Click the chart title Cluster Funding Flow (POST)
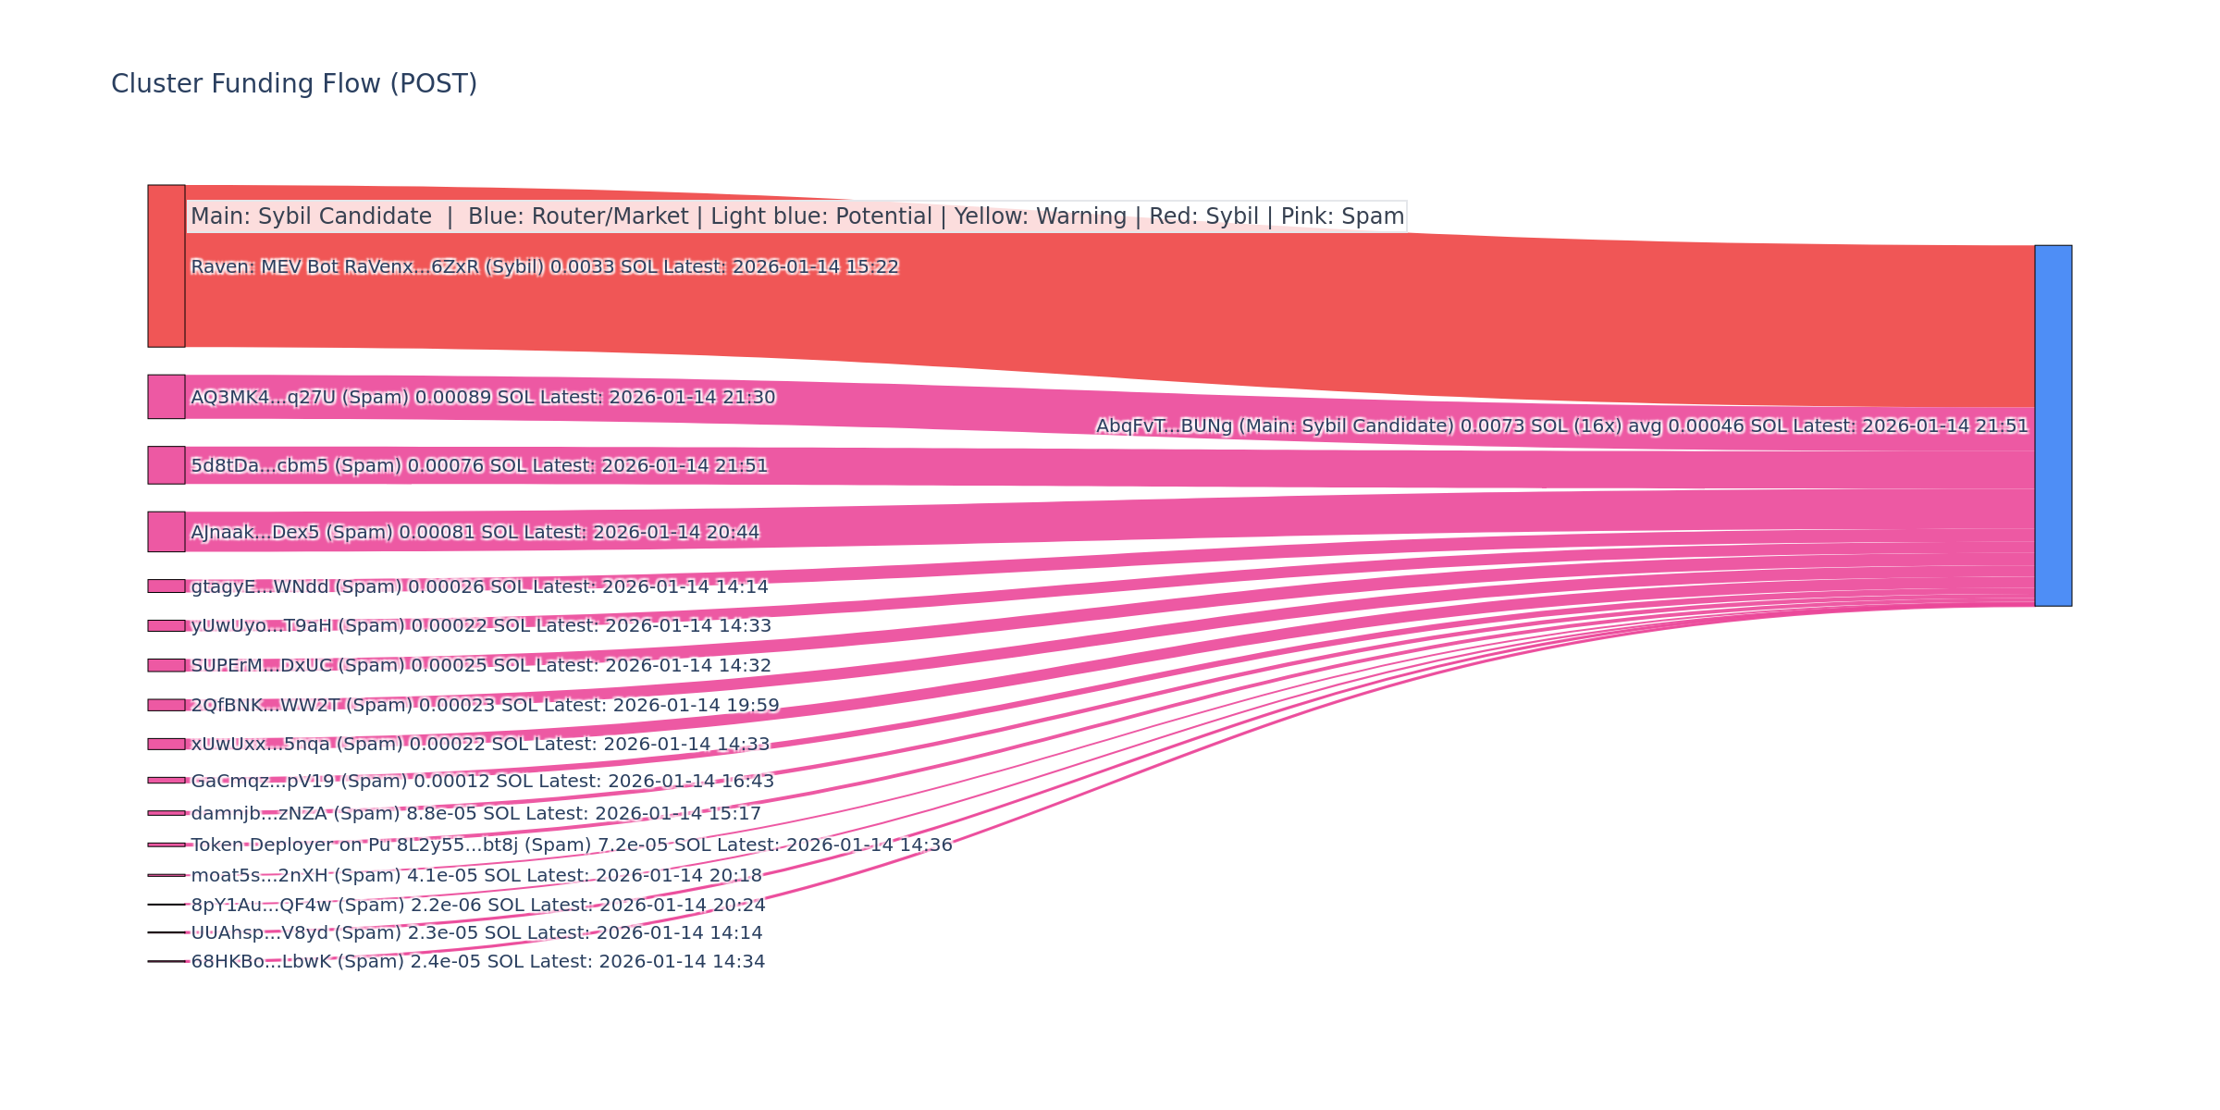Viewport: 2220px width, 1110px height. (294, 84)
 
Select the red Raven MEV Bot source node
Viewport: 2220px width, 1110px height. (166, 265)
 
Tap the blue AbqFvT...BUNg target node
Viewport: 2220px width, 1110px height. (2053, 425)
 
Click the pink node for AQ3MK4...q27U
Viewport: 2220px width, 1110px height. (166, 397)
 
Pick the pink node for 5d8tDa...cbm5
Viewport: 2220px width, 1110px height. (166, 465)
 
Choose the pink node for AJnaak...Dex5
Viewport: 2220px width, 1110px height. (166, 532)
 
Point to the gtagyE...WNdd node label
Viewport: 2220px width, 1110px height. (479, 587)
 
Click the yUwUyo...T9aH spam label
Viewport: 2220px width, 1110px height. (480, 626)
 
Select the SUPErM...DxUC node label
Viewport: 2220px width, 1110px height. (480, 666)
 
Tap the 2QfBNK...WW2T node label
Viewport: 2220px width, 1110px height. (485, 706)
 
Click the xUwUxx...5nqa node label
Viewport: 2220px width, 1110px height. (479, 745)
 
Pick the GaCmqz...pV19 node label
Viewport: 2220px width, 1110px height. (482, 782)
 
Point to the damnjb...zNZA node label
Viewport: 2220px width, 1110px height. (475, 814)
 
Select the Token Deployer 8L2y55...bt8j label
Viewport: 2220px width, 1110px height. (571, 845)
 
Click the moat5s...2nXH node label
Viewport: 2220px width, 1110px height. (476, 876)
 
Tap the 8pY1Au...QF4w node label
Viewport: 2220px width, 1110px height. (477, 906)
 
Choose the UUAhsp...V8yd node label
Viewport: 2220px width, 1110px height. (476, 933)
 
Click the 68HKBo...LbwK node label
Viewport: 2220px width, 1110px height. (477, 962)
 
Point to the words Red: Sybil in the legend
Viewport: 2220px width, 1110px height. (1203, 216)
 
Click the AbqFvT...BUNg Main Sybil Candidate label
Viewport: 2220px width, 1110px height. (1561, 426)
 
